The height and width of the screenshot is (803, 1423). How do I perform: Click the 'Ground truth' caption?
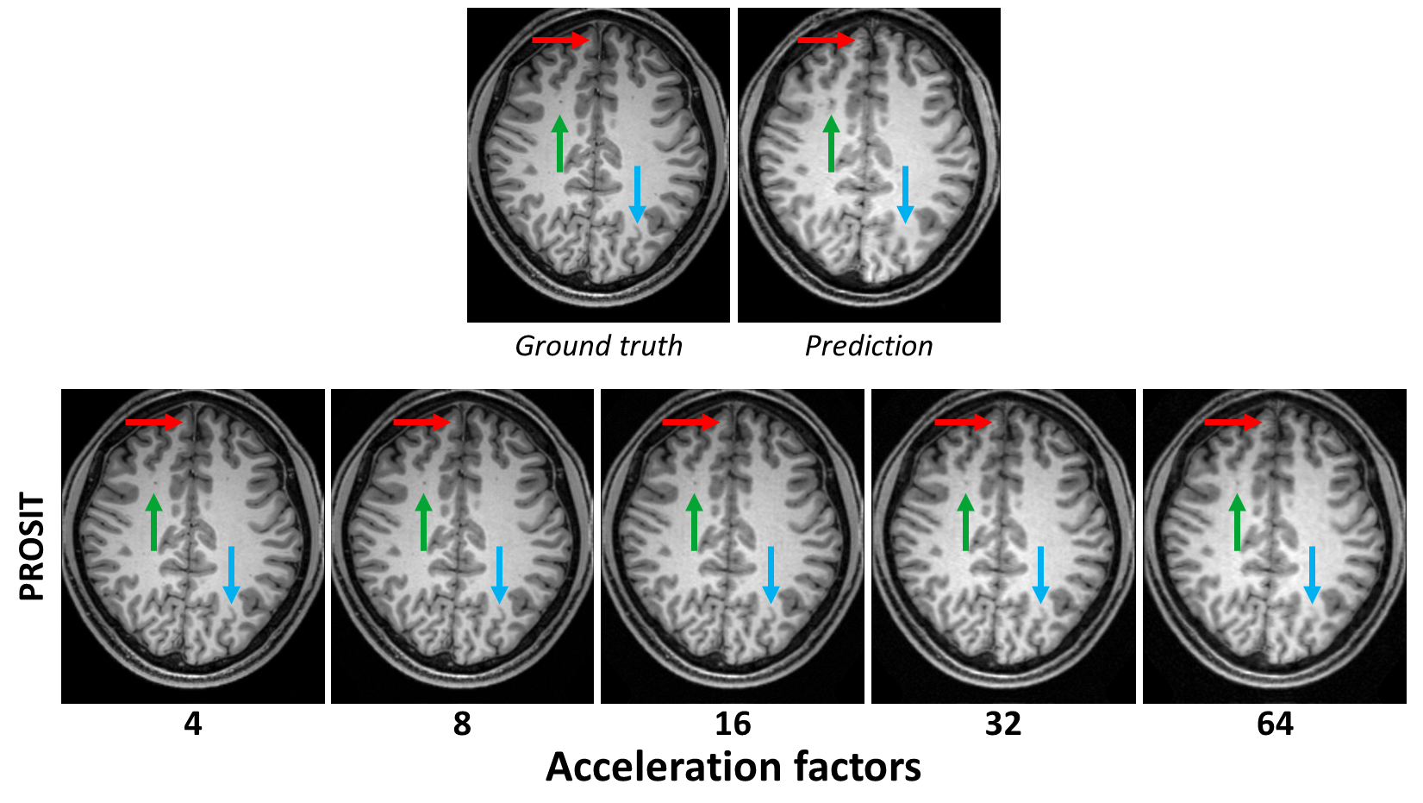(x=598, y=346)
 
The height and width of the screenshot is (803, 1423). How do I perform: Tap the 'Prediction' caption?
(x=869, y=346)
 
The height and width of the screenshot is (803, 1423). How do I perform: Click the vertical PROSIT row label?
(x=32, y=547)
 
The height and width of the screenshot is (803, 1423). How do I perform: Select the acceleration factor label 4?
(x=193, y=724)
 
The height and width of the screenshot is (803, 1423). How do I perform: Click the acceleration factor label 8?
(x=462, y=724)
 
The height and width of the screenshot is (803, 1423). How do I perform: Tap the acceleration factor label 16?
(x=733, y=724)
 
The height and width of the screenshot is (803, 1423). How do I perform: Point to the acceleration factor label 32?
(x=1003, y=724)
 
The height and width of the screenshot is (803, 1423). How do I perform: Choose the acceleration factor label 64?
(x=1275, y=724)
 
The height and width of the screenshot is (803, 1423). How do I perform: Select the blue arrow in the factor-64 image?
(x=1312, y=574)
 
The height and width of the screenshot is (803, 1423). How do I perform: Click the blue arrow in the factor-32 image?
(x=1040, y=574)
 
